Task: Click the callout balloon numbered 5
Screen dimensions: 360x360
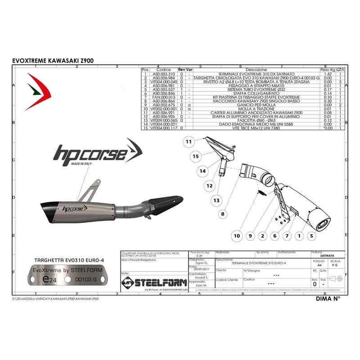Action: point(311,234)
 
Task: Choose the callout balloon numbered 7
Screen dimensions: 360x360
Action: point(286,234)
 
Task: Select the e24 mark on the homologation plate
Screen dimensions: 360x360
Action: point(46,279)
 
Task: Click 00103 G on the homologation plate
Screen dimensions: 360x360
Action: point(84,279)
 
